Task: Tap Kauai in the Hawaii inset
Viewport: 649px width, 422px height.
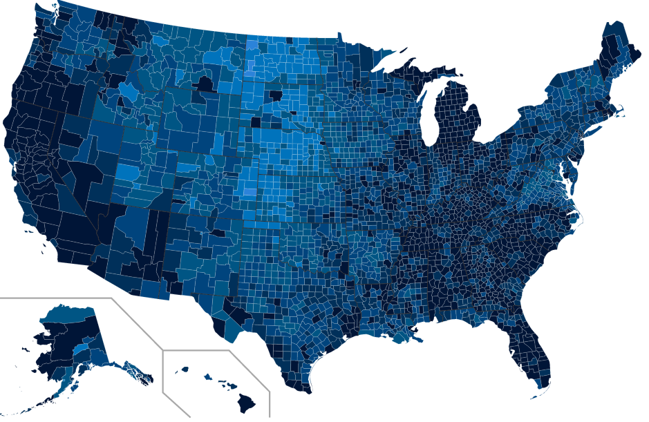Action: click(x=185, y=370)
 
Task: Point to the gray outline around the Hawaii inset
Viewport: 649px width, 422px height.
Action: click(x=207, y=351)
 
